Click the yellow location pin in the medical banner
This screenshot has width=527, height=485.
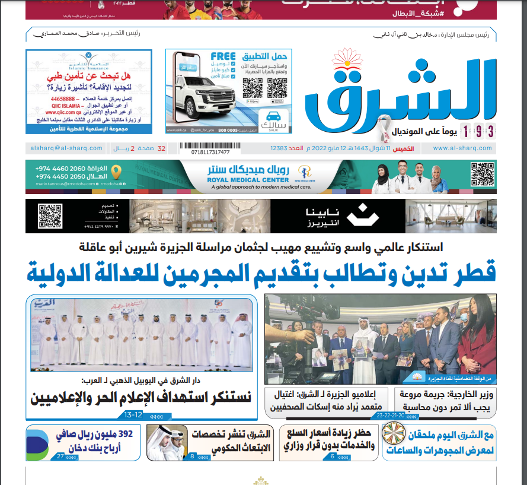click(x=116, y=172)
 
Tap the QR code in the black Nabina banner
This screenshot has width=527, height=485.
click(x=50, y=215)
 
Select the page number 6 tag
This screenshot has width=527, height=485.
click(x=332, y=457)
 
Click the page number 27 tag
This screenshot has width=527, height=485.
click(x=60, y=457)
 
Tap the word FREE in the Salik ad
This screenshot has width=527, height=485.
click(x=222, y=58)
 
